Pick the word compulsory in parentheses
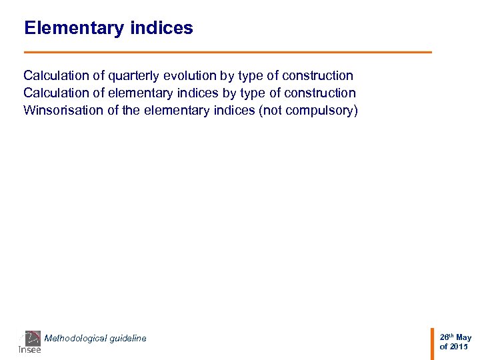pos(321,111)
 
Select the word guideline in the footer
pos(127,339)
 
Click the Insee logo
pos(29,342)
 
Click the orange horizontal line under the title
pos(227,52)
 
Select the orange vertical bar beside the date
pos(432,342)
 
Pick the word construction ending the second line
pos(317,93)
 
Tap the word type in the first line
pos(249,76)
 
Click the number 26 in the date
pos(443,338)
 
